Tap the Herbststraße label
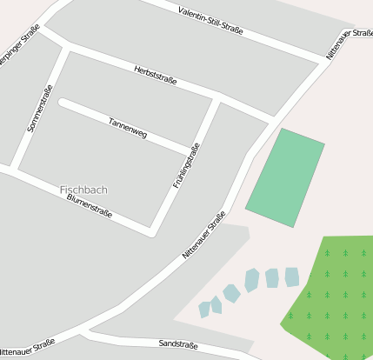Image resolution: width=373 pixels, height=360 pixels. (x=156, y=75)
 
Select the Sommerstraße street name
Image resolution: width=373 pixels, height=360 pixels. (x=40, y=108)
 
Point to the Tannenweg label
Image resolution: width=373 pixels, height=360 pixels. (x=128, y=128)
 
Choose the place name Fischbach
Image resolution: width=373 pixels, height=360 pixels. (x=84, y=189)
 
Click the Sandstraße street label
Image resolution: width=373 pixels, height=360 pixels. (x=179, y=345)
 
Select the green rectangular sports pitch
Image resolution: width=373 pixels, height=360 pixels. (x=285, y=177)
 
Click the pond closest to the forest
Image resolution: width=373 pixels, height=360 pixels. (x=292, y=277)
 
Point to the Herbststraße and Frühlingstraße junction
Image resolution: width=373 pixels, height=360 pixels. (x=216, y=97)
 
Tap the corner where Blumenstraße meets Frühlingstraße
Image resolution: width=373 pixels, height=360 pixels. (x=152, y=232)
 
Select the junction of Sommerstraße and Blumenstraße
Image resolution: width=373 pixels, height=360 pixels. (x=15, y=168)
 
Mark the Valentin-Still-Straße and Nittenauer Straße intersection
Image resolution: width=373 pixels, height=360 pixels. (x=323, y=60)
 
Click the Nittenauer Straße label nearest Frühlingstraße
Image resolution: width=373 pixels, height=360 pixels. (x=204, y=233)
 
